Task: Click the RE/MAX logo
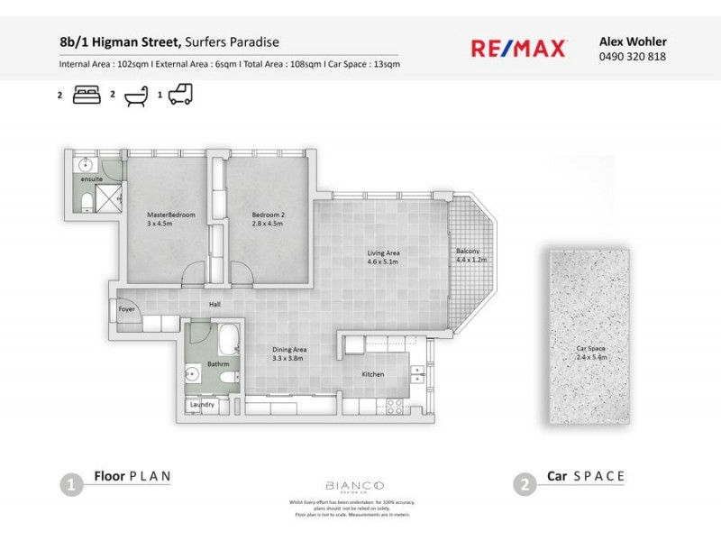[518, 48]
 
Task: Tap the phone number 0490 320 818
[633, 56]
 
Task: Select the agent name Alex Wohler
[633, 40]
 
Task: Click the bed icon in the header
[87, 93]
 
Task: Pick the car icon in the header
[180, 93]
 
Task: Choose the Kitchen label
[373, 374]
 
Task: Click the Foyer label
[126, 309]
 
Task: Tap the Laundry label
[202, 405]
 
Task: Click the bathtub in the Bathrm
[228, 341]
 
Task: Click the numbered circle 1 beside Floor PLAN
[71, 485]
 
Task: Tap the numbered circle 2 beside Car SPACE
[524, 485]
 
